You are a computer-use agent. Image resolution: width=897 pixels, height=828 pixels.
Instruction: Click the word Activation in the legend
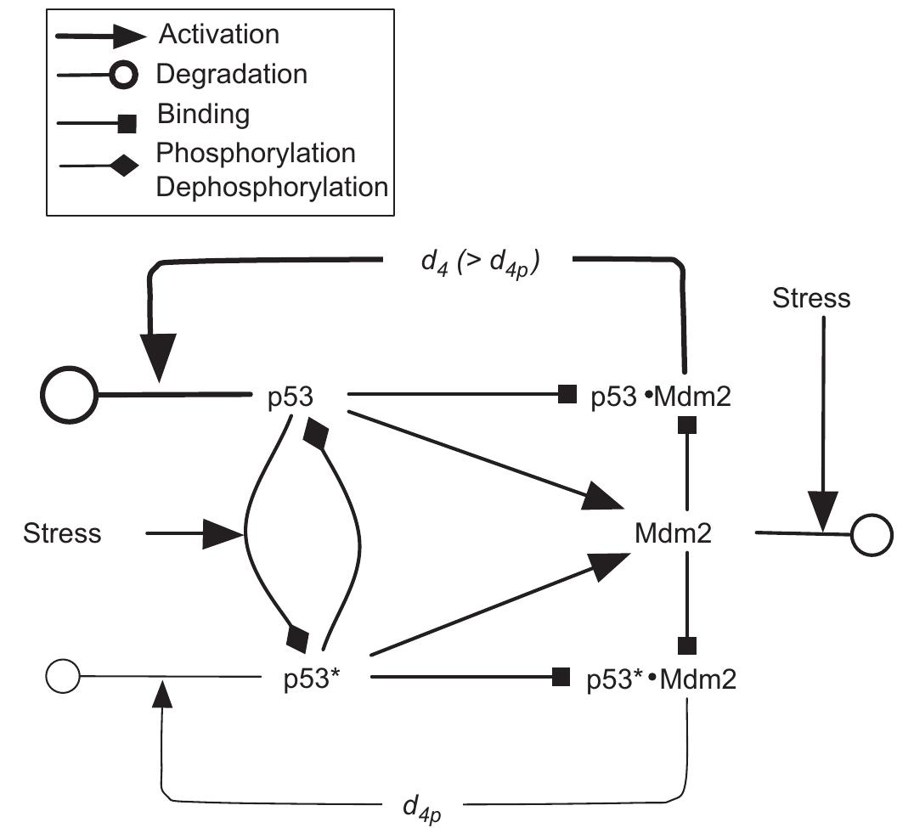[x=218, y=35]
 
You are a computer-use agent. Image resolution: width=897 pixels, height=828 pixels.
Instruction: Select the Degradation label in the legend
[x=231, y=74]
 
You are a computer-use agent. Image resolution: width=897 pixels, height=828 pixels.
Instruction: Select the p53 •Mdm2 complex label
[x=660, y=396]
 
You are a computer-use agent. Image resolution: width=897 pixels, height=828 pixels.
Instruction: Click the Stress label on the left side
[x=62, y=533]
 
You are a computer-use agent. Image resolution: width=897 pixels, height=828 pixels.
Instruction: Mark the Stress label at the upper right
[x=810, y=297]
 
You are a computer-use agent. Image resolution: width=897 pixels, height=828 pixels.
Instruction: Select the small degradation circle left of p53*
[x=62, y=677]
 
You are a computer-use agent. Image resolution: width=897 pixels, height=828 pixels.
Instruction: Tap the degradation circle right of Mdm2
[x=872, y=535]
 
